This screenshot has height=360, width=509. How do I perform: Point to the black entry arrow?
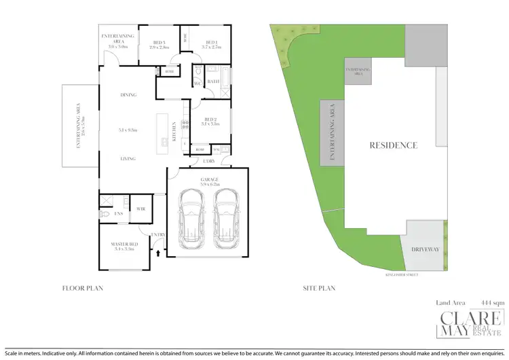[159, 252]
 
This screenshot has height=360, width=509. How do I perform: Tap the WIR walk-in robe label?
[142, 209]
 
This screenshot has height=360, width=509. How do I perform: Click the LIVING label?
[128, 158]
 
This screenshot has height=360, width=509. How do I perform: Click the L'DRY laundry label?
[209, 161]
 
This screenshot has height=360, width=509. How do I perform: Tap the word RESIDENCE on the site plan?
[393, 145]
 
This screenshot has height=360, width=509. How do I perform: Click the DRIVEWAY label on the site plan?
[426, 249]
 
